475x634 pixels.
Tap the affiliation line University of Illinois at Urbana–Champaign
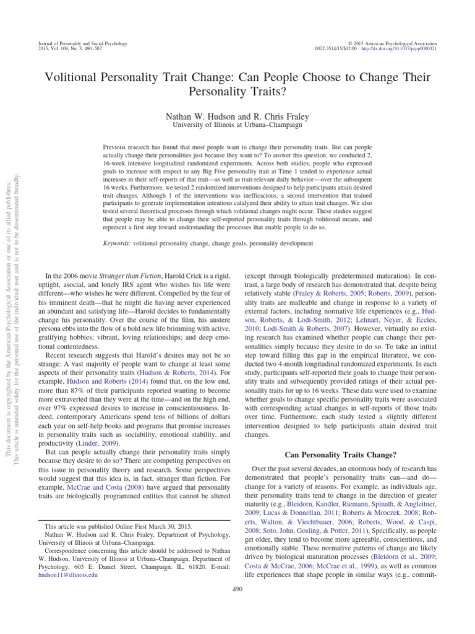tap(237, 125)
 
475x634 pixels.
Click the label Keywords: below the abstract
tap(117, 244)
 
